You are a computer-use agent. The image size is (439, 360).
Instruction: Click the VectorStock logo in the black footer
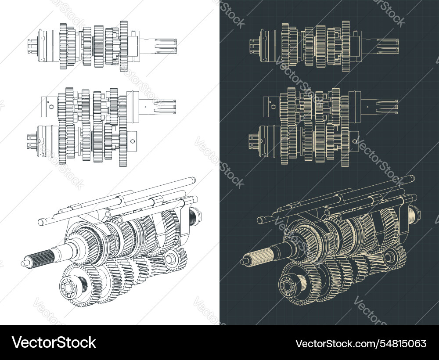tap(54, 342)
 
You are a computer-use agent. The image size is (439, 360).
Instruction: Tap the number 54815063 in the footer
tap(361, 343)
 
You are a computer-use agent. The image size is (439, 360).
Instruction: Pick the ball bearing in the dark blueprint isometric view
tap(287, 286)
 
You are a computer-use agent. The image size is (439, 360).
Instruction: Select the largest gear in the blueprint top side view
tap(346, 46)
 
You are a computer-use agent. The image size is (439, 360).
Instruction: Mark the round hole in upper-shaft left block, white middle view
tap(51, 107)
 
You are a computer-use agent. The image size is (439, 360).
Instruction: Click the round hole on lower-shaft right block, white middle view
tap(132, 141)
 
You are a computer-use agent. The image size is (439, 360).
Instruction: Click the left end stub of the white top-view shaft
tap(32, 43)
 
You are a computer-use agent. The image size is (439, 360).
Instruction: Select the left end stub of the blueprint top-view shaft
tap(253, 44)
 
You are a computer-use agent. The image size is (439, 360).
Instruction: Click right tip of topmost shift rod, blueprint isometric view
tap(413, 177)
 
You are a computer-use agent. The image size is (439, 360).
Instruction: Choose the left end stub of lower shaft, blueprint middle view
tap(252, 140)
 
